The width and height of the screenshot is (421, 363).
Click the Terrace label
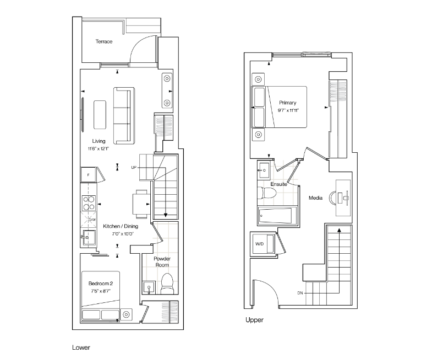tap(104, 41)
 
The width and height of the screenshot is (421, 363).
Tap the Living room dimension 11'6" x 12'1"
tap(99, 148)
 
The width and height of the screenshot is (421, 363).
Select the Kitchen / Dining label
tap(121, 226)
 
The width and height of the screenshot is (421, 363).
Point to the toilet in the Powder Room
tap(167, 284)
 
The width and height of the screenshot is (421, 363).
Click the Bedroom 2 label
tap(101, 284)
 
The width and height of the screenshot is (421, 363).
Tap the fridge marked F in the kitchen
tap(89, 175)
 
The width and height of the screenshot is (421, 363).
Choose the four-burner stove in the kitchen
tap(89, 203)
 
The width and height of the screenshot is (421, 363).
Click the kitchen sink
tap(89, 237)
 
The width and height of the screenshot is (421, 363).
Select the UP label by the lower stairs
tap(134, 167)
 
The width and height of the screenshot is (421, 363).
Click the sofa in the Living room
tap(124, 116)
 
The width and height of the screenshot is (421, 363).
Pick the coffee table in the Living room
tap(100, 115)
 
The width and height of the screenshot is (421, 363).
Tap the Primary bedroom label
tap(288, 103)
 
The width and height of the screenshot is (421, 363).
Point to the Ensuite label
tap(278, 184)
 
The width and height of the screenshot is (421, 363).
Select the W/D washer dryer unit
tap(262, 244)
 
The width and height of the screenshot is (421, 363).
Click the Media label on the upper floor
tap(315, 198)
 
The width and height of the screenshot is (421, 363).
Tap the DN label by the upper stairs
tap(300, 293)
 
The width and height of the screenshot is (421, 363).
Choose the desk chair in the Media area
tap(333, 198)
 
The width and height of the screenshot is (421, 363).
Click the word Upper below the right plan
tap(254, 320)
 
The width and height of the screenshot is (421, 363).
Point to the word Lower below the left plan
tap(81, 348)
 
